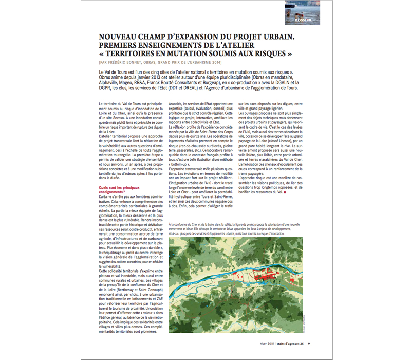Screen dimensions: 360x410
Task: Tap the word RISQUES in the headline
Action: (x=272, y=53)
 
